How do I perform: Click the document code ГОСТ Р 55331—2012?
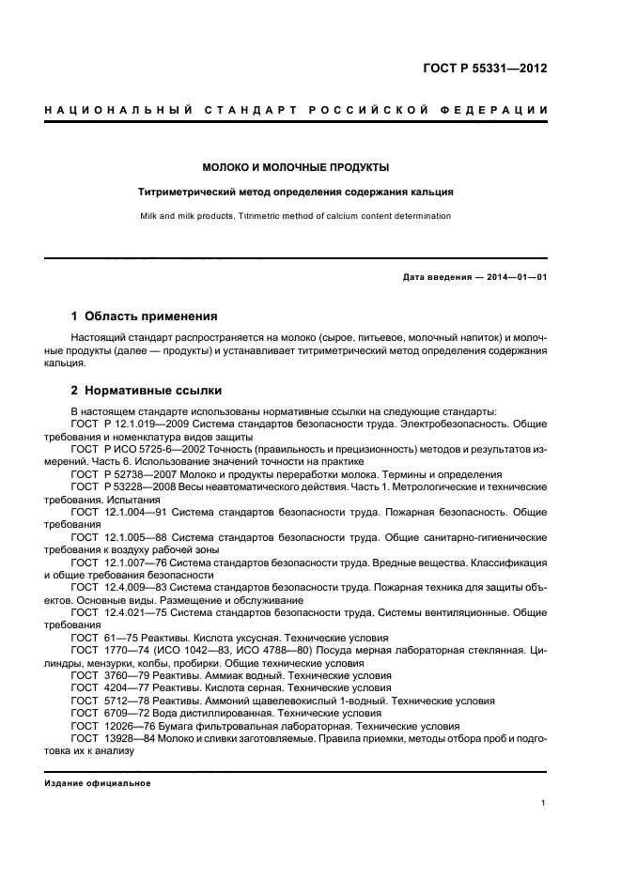coord(485,69)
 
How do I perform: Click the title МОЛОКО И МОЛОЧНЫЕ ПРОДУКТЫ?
coord(296,167)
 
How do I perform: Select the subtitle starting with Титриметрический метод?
coord(296,192)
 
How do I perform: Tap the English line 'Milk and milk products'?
coord(296,216)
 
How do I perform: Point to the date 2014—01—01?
coord(515,278)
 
